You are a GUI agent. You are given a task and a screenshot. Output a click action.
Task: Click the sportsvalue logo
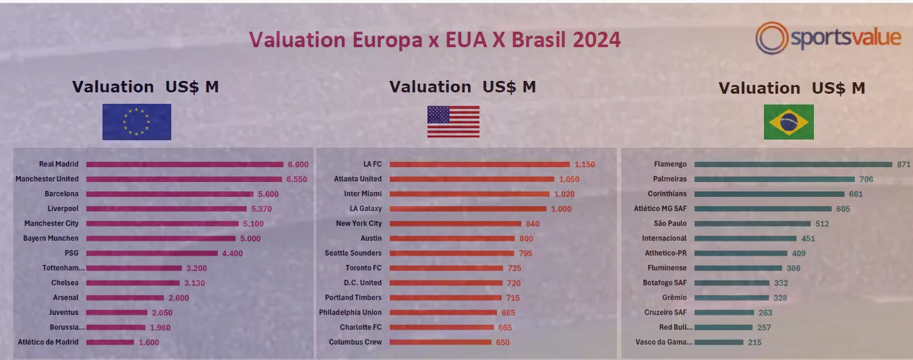pos(828,38)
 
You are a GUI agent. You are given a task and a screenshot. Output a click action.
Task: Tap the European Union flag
pos(136,122)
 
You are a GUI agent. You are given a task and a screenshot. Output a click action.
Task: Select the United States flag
pos(453,122)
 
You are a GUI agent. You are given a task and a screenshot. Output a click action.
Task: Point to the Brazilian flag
pos(788,122)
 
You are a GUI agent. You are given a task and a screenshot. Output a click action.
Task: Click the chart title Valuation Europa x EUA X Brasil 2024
pos(435,40)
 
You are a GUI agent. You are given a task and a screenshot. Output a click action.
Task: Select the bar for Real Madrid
pos(184,164)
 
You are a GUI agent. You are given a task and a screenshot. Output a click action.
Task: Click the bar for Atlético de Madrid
pos(110,342)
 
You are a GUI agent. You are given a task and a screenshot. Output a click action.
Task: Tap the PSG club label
pos(71,253)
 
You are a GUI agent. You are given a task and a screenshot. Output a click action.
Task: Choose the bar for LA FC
pos(479,164)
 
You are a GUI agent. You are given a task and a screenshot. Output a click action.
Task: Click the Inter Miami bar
pos(470,194)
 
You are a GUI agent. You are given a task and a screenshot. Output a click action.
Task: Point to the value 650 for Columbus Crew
pos(503,342)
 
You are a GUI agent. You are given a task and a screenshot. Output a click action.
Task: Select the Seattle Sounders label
pos(353,253)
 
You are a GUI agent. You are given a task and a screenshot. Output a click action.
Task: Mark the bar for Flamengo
pos(793,164)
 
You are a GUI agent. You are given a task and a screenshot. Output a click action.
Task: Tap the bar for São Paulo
pos(753,224)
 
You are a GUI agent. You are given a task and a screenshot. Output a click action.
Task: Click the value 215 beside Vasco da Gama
pos(755,342)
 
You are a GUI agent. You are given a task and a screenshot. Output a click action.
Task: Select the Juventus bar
pos(117,313)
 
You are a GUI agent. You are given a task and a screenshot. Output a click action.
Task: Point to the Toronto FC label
pos(363,268)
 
